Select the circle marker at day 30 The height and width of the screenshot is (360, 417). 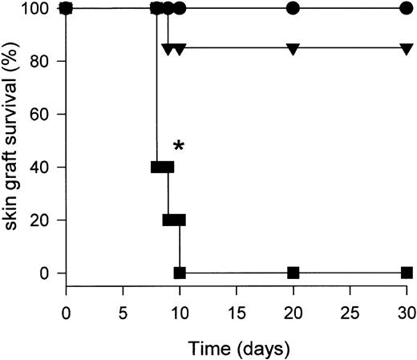[407, 8]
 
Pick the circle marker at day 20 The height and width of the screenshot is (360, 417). [294, 8]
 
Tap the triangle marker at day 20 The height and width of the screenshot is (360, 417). [294, 48]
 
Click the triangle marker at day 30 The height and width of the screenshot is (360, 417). [407, 48]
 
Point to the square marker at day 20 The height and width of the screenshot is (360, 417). [294, 273]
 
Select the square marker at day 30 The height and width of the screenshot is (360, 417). [407, 273]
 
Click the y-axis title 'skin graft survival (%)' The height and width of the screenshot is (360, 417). [13, 140]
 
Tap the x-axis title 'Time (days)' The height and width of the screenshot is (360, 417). [237, 348]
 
